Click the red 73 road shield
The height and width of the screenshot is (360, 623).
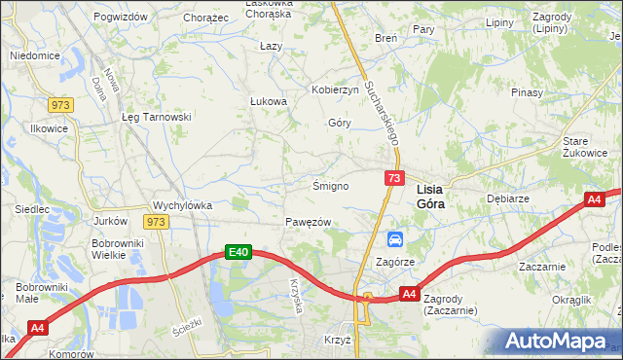[x=394, y=178]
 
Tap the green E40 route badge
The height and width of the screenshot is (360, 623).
[x=239, y=253]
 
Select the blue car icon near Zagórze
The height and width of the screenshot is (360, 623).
[x=394, y=239]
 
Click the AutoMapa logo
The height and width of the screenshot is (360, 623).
[x=559, y=342]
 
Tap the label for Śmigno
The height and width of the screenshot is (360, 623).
[x=330, y=186]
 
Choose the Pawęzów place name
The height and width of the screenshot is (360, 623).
[x=309, y=223]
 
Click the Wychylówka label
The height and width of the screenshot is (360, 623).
[x=182, y=206]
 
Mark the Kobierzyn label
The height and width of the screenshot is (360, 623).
[x=335, y=90]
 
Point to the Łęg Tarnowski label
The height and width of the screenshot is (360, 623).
[x=156, y=117]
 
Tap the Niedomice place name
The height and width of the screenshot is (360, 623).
[x=29, y=55]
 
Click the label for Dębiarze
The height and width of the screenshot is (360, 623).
[x=506, y=197]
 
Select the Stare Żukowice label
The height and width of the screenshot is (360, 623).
[x=585, y=147]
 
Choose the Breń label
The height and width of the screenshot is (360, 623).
[x=385, y=38]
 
